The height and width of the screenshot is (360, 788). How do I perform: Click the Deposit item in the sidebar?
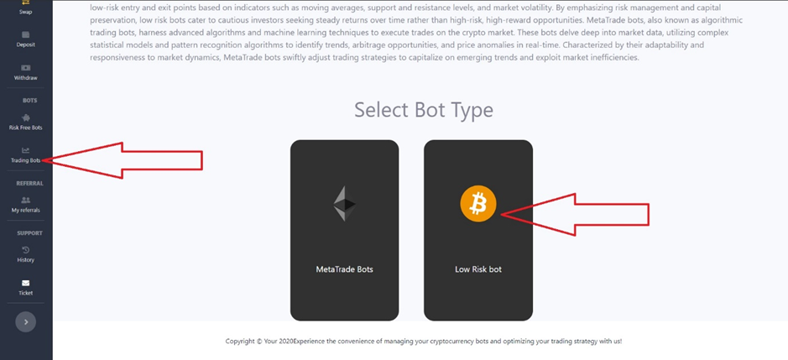pyautogui.click(x=26, y=39)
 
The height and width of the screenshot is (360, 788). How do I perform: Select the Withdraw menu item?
pyautogui.click(x=26, y=72)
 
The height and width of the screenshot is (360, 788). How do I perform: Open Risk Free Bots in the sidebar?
pyautogui.click(x=26, y=123)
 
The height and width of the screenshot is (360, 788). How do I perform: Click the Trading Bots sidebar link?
pyautogui.click(x=26, y=155)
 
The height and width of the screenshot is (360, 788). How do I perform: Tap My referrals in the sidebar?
pyautogui.click(x=26, y=205)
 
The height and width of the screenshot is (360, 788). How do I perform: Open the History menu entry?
pyautogui.click(x=26, y=255)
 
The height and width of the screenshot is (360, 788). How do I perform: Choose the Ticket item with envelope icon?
pyautogui.click(x=26, y=288)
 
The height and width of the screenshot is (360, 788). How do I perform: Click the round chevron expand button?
pyautogui.click(x=26, y=321)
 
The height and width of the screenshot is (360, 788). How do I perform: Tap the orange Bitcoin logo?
pyautogui.click(x=478, y=204)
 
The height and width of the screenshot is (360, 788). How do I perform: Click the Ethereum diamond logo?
pyautogui.click(x=344, y=204)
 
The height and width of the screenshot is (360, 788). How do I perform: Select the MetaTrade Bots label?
pyautogui.click(x=344, y=269)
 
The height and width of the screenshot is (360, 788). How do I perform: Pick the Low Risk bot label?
pyautogui.click(x=478, y=269)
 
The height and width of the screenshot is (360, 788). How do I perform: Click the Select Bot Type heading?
pyautogui.click(x=424, y=110)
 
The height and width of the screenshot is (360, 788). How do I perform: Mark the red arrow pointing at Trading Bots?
pyautogui.click(x=123, y=160)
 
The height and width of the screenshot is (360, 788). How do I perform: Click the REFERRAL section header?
pyautogui.click(x=29, y=184)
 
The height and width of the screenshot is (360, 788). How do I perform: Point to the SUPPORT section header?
pyautogui.click(x=29, y=233)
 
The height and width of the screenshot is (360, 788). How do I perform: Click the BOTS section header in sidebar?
pyautogui.click(x=29, y=101)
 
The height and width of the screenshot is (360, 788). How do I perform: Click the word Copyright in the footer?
pyautogui.click(x=240, y=341)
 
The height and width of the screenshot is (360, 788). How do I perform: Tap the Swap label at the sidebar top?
pyautogui.click(x=26, y=12)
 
